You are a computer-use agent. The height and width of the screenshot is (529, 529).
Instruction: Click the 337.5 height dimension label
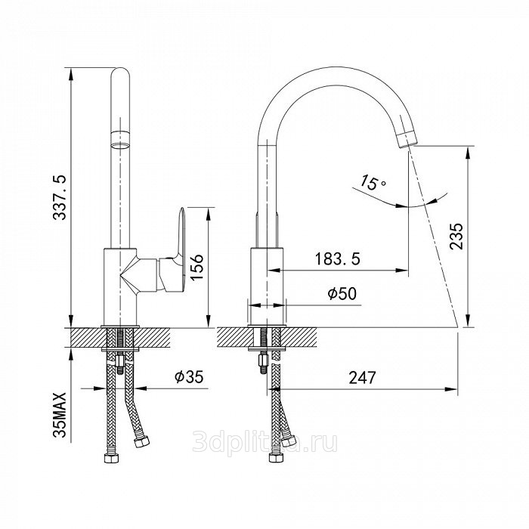[x=60, y=197]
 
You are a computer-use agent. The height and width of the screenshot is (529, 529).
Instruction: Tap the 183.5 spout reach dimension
[x=337, y=258]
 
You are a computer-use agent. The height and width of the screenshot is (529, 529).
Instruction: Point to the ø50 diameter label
[x=342, y=293]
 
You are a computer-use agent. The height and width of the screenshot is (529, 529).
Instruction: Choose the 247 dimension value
[x=362, y=378]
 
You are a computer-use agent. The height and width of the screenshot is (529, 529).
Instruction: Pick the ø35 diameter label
[x=189, y=376]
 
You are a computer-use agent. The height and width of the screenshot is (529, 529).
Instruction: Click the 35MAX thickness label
[x=60, y=415]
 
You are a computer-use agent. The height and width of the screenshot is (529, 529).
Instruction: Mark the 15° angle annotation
[x=372, y=182]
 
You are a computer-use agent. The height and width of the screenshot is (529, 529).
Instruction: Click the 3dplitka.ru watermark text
[x=264, y=442]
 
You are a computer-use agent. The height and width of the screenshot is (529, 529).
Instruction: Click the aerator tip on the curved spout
[x=406, y=138]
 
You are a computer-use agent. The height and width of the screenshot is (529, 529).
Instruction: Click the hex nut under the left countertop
[x=120, y=362]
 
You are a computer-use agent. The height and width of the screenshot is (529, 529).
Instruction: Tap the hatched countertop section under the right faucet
[x=267, y=337]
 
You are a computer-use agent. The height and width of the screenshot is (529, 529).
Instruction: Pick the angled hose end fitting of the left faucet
[x=141, y=441]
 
